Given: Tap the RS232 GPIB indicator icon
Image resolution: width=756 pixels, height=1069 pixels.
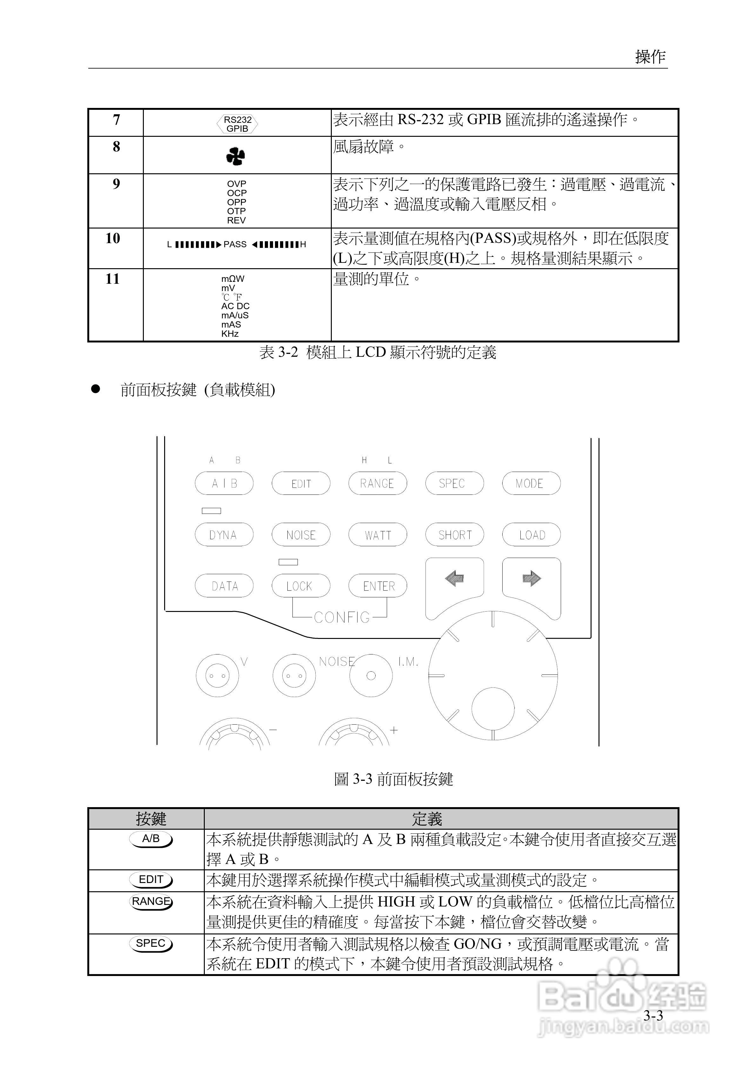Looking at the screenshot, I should pyautogui.click(x=237, y=124).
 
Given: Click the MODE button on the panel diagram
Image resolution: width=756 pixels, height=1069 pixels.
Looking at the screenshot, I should pyautogui.click(x=531, y=483).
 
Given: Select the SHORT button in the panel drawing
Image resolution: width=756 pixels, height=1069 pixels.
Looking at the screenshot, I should pyautogui.click(x=454, y=534).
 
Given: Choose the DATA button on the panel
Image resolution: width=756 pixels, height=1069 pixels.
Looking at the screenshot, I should pyautogui.click(x=224, y=586).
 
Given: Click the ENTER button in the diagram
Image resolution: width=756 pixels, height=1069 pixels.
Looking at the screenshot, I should pyautogui.click(x=378, y=586).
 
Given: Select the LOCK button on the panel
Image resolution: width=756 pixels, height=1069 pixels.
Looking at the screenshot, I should pyautogui.click(x=300, y=586).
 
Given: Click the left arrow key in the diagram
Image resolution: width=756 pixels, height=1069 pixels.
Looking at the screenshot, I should pyautogui.click(x=454, y=579).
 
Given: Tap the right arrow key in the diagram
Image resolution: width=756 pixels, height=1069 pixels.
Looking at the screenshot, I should pyautogui.click(x=532, y=579).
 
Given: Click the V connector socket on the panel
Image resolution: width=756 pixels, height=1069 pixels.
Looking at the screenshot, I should pyautogui.click(x=217, y=675).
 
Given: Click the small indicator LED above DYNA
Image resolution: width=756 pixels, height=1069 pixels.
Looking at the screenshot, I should pyautogui.click(x=211, y=511).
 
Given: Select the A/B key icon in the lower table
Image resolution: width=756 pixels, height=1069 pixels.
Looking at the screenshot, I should pyautogui.click(x=151, y=839).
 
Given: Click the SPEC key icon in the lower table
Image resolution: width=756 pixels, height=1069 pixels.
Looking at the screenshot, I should pyautogui.click(x=151, y=943).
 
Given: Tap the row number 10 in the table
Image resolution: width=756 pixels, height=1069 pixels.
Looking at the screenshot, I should pyautogui.click(x=113, y=238).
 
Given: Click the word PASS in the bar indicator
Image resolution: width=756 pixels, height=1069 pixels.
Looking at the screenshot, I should pyautogui.click(x=235, y=244).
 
